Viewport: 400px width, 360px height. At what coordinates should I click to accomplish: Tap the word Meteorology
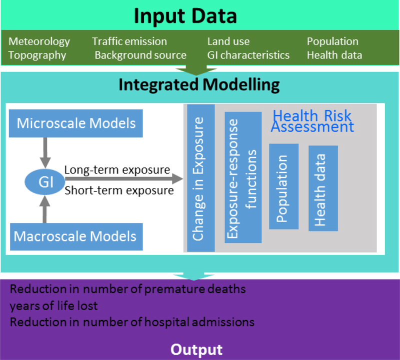pyautogui.click(x=39, y=41)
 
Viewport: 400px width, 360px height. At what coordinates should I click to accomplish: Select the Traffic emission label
pyautogui.click(x=129, y=41)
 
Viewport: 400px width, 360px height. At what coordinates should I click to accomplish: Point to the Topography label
pyautogui.click(x=37, y=55)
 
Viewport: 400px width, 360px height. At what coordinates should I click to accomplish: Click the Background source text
pyautogui.click(x=140, y=55)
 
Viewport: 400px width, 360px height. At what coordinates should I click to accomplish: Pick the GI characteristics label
pyautogui.click(x=248, y=55)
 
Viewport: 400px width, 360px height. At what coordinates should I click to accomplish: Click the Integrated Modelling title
pyautogui.click(x=199, y=84)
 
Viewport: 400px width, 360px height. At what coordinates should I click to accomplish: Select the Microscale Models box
pyautogui.click(x=76, y=123)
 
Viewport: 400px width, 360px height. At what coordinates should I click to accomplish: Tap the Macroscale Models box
pyautogui.click(x=76, y=235)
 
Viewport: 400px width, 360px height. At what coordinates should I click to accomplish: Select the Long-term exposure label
pyautogui.click(x=117, y=170)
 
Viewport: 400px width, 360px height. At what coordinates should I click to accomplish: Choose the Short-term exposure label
pyautogui.click(x=119, y=190)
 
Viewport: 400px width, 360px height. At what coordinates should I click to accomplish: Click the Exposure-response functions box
pyautogui.click(x=243, y=177)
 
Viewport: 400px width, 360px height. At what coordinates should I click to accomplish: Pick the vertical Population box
pyautogui.click(x=283, y=186)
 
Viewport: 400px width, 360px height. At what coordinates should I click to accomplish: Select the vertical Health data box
pyautogui.click(x=323, y=188)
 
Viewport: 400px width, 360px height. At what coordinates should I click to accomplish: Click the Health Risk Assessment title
pyautogui.click(x=312, y=121)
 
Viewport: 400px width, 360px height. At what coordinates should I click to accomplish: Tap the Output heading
pyautogui.click(x=196, y=349)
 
